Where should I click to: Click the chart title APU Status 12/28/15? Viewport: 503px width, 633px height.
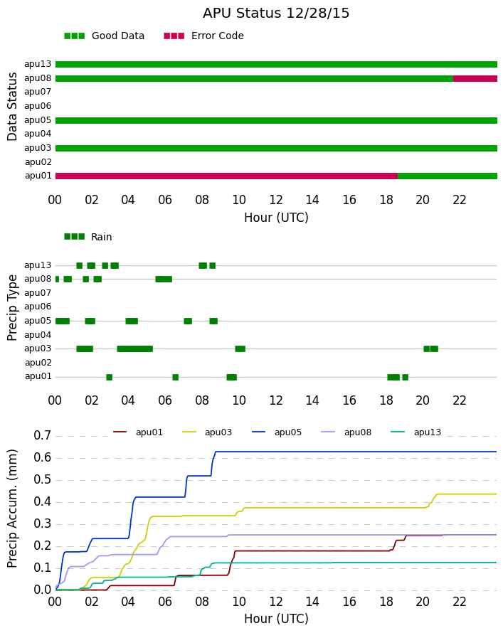(x=276, y=14)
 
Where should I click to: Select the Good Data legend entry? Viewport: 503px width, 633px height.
(x=104, y=36)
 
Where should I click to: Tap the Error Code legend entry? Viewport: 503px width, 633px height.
(x=204, y=36)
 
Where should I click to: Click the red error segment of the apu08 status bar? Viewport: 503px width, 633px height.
(x=475, y=79)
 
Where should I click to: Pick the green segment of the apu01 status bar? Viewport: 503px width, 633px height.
(x=448, y=176)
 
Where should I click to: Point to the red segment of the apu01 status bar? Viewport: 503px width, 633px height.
(x=226, y=176)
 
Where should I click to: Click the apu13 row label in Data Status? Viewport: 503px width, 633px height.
(x=38, y=64)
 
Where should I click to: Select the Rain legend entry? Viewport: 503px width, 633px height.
(x=88, y=237)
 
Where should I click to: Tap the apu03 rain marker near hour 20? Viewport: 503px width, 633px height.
(x=430, y=349)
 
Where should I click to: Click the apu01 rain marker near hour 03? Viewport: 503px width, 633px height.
(x=109, y=378)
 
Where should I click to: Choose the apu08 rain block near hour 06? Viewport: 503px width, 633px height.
(x=164, y=279)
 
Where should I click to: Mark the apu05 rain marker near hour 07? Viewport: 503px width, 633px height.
(x=188, y=321)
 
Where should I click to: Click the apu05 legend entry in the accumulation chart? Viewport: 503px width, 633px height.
(x=277, y=432)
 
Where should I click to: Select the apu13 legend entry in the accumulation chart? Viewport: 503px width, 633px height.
(x=416, y=432)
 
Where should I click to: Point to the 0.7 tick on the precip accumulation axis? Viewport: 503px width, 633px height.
(x=43, y=435)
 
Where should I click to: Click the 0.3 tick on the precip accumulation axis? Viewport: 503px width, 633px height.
(x=43, y=524)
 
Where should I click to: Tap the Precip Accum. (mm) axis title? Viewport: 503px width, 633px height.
(x=13, y=509)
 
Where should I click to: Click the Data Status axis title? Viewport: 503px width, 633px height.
(x=13, y=107)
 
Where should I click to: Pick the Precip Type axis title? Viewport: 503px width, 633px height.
(x=13, y=308)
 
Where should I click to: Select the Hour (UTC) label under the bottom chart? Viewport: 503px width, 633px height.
(x=276, y=619)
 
